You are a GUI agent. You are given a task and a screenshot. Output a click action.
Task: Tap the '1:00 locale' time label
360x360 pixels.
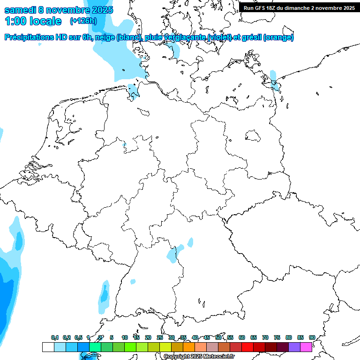click(x=33, y=21)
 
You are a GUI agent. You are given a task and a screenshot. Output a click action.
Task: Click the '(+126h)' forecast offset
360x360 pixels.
click(x=83, y=21)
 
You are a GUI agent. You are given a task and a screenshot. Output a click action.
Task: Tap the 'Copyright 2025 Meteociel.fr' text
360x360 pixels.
click(x=199, y=357)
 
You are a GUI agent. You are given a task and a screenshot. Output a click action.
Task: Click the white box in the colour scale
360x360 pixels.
click(x=48, y=347)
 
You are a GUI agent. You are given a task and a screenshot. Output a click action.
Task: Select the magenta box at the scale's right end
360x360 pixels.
click(x=306, y=347)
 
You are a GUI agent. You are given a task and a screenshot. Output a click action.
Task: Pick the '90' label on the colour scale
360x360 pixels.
click(x=312, y=337)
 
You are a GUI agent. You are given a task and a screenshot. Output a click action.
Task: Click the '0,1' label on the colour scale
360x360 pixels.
click(x=54, y=337)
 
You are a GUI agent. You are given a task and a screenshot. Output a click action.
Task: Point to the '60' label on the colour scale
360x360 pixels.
click(x=242, y=337)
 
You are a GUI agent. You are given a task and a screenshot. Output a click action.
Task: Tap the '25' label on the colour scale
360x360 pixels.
click(x=160, y=337)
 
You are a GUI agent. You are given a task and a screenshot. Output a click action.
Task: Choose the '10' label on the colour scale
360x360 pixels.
click(x=125, y=337)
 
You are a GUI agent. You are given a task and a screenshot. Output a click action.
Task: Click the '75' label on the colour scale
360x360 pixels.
click(x=277, y=337)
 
